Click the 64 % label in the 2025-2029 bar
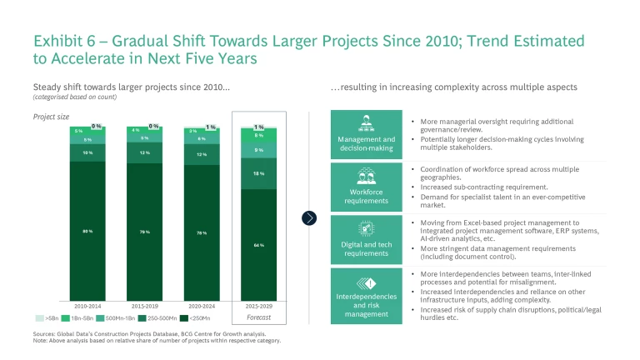click(x=259, y=245)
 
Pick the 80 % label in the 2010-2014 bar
click(x=87, y=231)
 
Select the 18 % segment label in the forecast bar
click(x=259, y=173)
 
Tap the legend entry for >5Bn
click(x=48, y=318)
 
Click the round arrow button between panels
click(x=310, y=217)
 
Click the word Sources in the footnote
click(x=47, y=334)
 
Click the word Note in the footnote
click(x=41, y=341)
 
